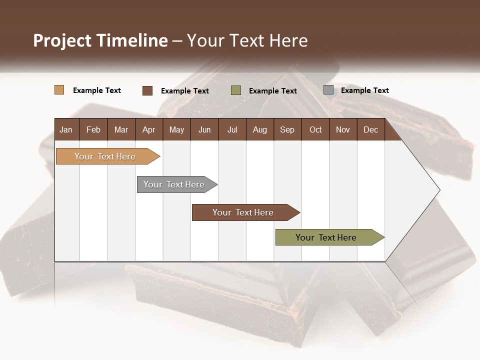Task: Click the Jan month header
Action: [x=66, y=129]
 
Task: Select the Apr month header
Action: [x=149, y=129]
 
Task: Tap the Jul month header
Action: [x=232, y=129]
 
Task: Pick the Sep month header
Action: [x=287, y=129]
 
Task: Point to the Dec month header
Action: [x=370, y=129]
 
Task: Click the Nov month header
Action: [x=343, y=129]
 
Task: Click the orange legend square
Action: [x=59, y=90]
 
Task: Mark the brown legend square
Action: [x=147, y=90]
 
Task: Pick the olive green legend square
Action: [x=235, y=90]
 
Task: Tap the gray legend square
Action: [x=328, y=90]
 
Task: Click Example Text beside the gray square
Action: [x=364, y=90]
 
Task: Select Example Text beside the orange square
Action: [x=97, y=90]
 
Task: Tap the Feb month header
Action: [x=93, y=129]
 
